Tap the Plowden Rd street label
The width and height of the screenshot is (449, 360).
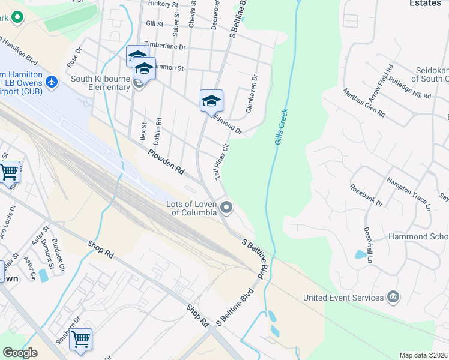pos(167,162)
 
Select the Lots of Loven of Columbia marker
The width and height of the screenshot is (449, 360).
pos(226,208)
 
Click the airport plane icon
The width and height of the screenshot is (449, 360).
pos(52,81)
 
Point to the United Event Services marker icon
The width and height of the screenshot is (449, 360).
pos(393,297)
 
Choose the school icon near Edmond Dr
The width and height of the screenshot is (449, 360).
pos(211,101)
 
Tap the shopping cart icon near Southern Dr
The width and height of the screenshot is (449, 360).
pos(80,339)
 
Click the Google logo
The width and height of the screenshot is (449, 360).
pos(20,353)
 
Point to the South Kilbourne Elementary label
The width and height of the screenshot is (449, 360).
pos(101,83)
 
